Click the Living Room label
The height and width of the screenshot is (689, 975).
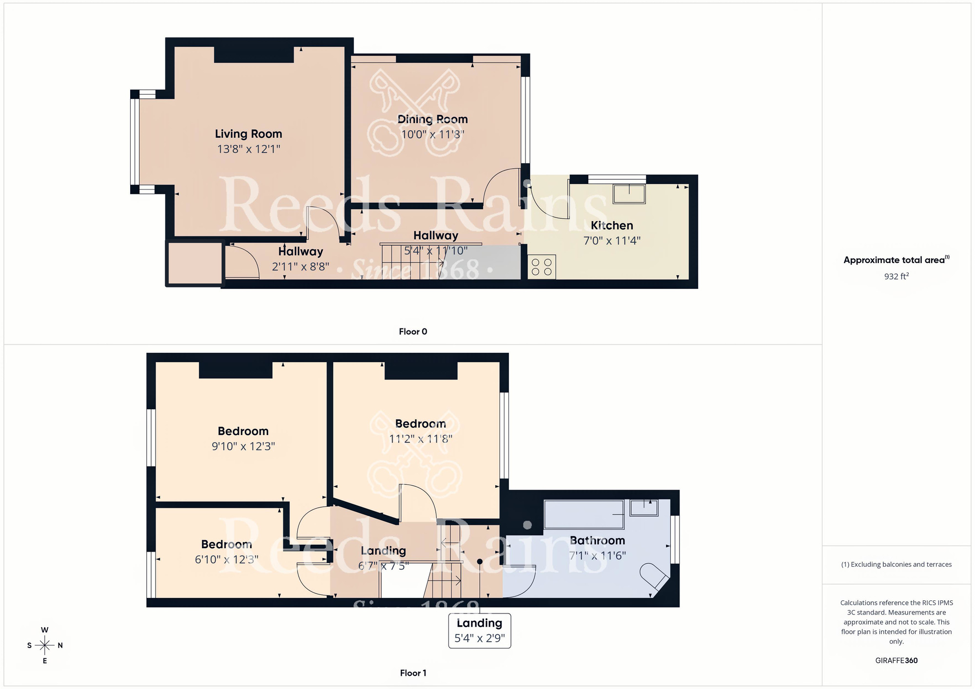[x=248, y=134]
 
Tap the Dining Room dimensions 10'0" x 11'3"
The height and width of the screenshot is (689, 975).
[x=432, y=134]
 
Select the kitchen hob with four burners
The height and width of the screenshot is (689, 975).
[x=542, y=267]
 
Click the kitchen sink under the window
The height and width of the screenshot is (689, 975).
[x=629, y=194]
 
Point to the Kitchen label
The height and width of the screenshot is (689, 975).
[x=612, y=226]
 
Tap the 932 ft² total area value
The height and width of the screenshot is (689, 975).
[x=896, y=276]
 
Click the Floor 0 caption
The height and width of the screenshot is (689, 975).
[x=413, y=332]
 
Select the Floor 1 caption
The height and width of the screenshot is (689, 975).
[x=413, y=673]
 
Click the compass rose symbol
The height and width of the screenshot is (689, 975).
[x=45, y=646]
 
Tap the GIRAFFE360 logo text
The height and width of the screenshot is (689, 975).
[x=896, y=661]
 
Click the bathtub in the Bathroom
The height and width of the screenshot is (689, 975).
[x=584, y=515]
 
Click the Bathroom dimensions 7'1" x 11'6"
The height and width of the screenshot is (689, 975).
[x=597, y=555]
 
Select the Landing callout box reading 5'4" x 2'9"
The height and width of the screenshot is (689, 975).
[x=480, y=631]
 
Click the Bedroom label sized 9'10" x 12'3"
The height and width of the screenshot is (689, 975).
[x=243, y=431]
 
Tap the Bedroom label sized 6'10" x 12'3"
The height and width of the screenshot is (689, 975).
[x=226, y=544]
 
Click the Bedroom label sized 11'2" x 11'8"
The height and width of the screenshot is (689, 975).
[x=420, y=424]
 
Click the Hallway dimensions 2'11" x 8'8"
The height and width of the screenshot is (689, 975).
[x=300, y=267]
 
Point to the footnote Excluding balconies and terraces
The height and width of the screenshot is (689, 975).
[x=896, y=565]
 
